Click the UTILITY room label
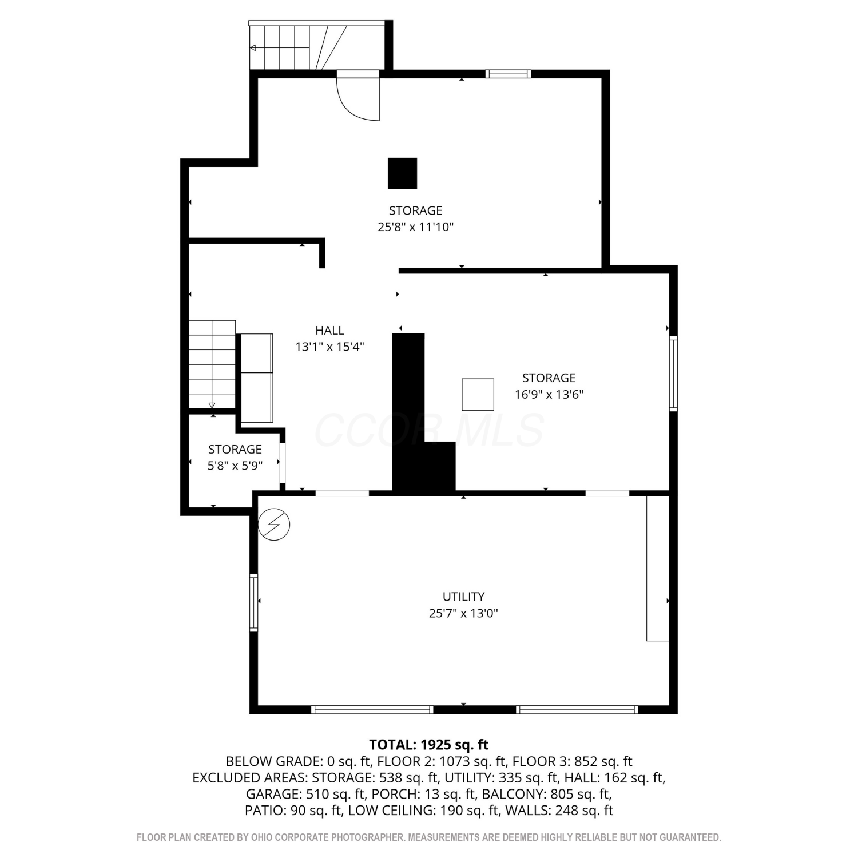click(463, 597)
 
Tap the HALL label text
click(329, 330)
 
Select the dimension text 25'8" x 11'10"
click(416, 227)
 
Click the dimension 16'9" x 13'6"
click(549, 394)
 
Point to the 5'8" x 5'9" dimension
click(235, 466)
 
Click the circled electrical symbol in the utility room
click(274, 524)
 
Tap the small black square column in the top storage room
click(402, 173)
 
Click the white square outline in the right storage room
click(478, 394)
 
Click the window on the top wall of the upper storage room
click(508, 73)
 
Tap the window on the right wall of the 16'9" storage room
click(674, 374)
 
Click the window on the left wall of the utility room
click(254, 602)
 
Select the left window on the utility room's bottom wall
click(372, 710)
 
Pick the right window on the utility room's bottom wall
click(577, 710)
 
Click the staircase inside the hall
click(212, 364)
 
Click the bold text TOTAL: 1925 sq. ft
click(429, 745)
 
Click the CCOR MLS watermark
click(429, 430)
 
